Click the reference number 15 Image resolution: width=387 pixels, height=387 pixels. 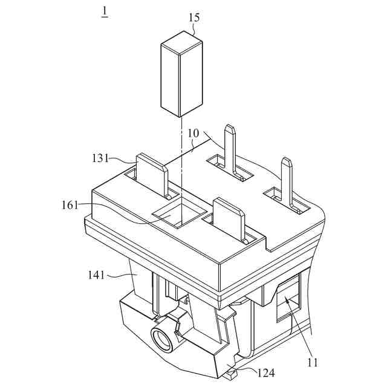pyautogui.click(x=193, y=18)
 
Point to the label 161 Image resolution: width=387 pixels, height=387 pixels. pyautogui.click(x=70, y=206)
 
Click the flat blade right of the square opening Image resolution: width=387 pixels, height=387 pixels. pyautogui.click(x=229, y=219)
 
